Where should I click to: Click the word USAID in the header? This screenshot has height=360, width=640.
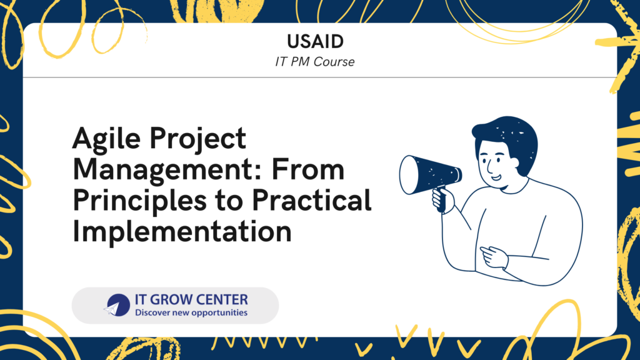tap(315, 41)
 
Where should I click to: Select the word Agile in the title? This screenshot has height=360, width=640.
tap(107, 139)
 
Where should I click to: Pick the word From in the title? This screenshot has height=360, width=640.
tap(308, 169)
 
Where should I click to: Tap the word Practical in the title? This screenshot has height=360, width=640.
tap(311, 200)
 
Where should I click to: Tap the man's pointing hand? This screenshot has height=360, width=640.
tap(494, 257)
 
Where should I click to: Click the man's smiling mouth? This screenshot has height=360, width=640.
tap(496, 178)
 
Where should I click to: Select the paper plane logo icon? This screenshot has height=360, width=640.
tap(117, 306)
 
